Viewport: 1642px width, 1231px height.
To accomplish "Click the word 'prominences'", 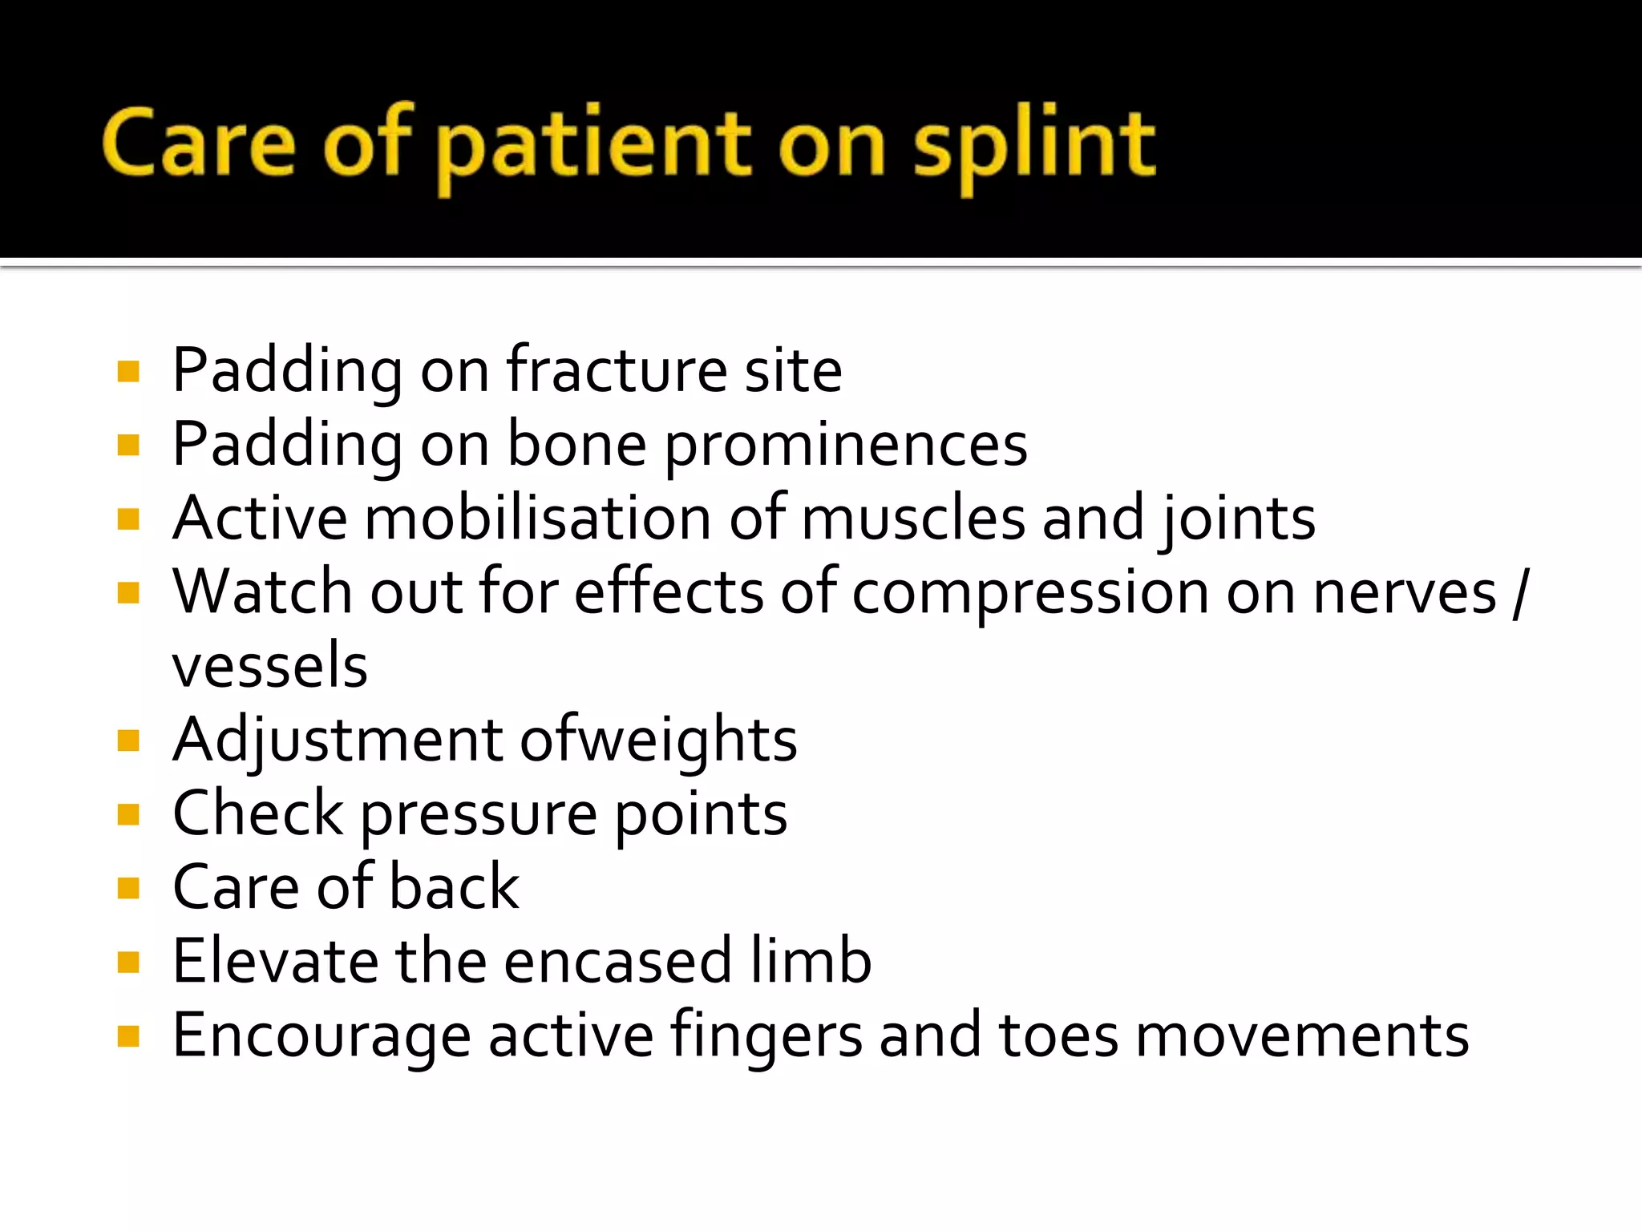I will pos(846,446).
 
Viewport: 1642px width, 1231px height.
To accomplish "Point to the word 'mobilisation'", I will pos(538,519).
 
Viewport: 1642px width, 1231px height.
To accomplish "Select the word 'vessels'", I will pos(269,667).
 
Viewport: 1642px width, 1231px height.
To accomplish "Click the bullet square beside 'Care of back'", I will pos(128,888).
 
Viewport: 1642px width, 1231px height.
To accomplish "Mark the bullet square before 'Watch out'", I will pos(128,593).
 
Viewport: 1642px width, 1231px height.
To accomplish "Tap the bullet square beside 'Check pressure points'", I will pos(128,814).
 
